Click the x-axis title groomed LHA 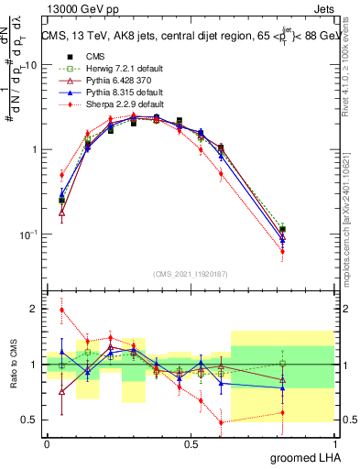302,458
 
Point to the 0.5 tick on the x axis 191,443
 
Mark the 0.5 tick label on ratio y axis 32,420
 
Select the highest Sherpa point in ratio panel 62,310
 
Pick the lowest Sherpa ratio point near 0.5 221,422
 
